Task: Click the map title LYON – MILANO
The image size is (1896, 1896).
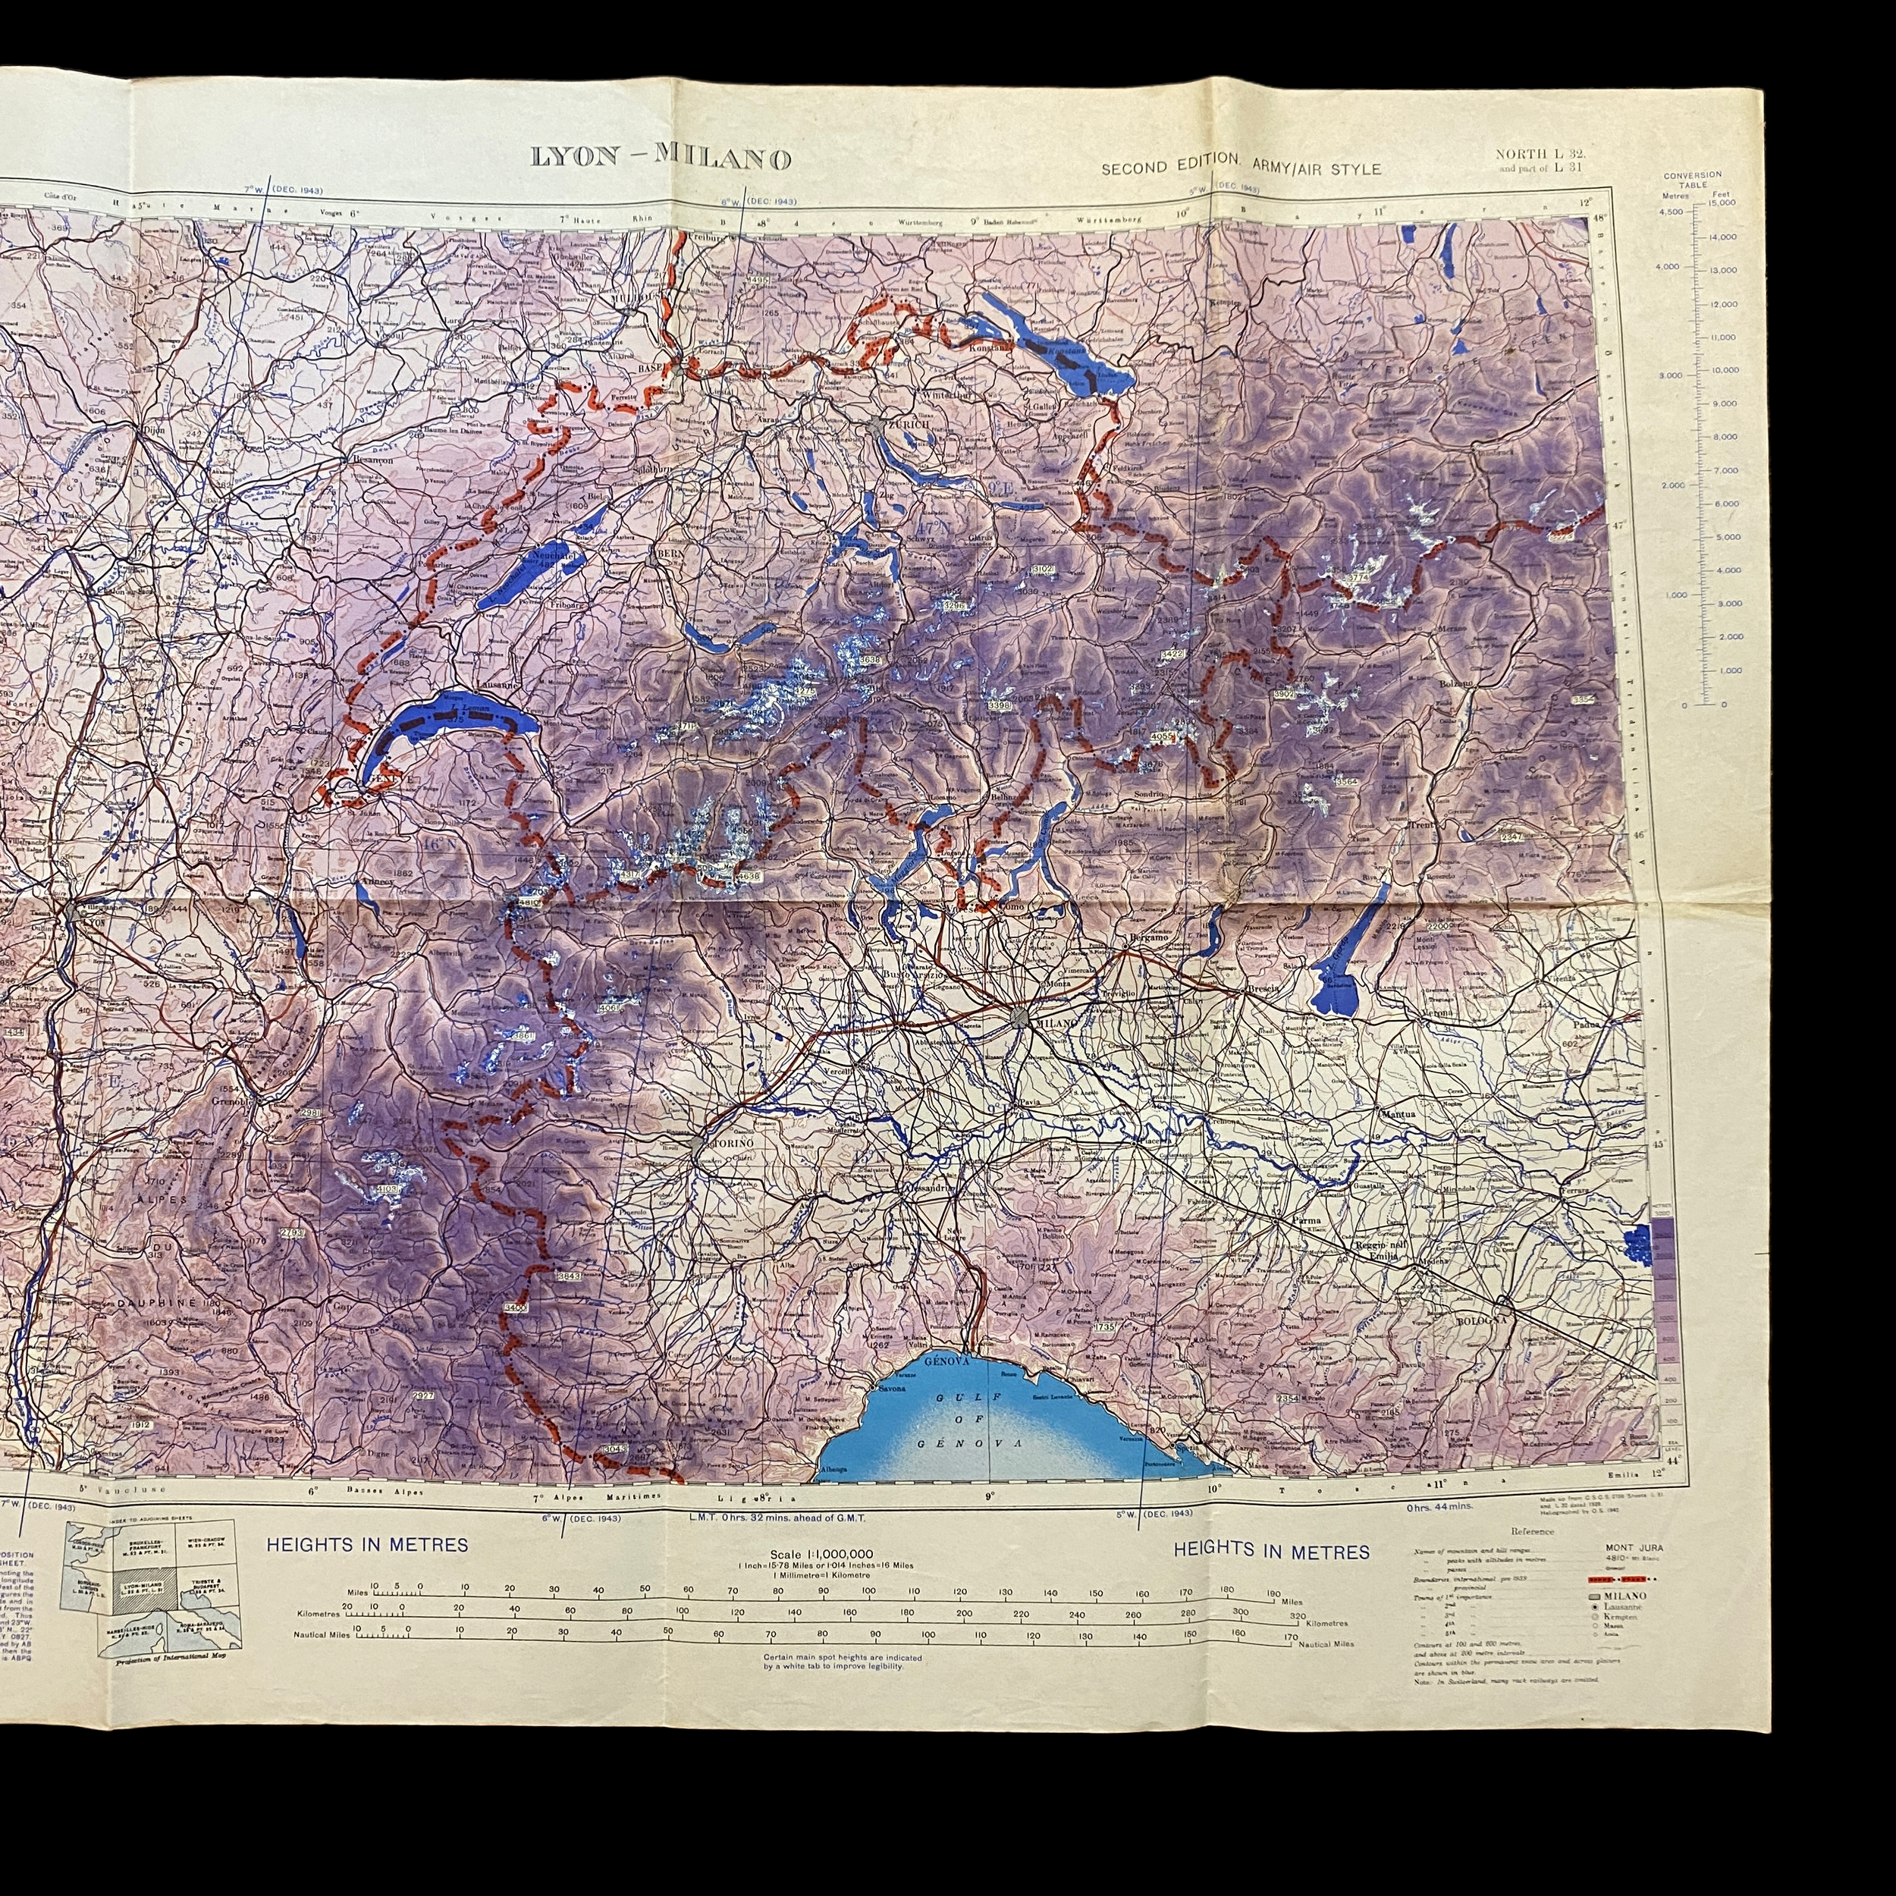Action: click(661, 157)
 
